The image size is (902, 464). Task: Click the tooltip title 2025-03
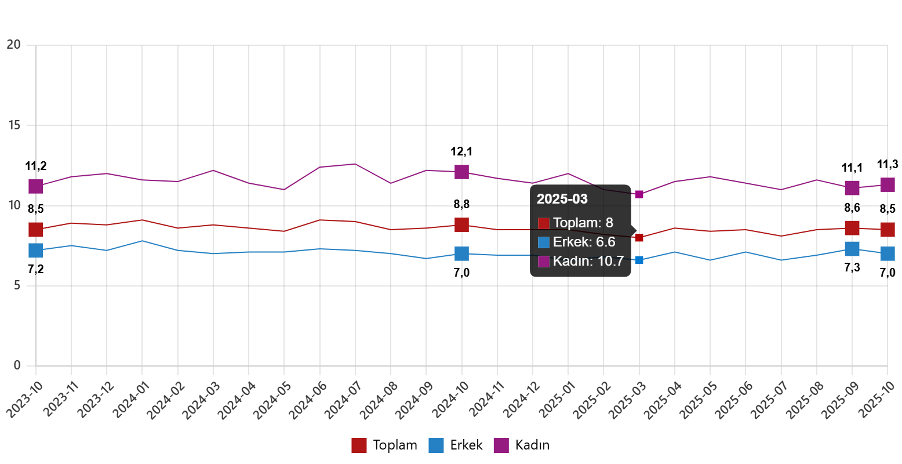point(562,199)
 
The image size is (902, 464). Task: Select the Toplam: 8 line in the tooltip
point(583,223)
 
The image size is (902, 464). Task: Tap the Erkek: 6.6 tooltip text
point(584,242)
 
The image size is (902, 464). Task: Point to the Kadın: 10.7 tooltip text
point(588,261)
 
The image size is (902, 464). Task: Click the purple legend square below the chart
point(501,445)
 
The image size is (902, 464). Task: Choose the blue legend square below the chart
point(436,445)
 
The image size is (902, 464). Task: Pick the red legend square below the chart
point(359,445)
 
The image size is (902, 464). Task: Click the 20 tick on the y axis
point(14,44)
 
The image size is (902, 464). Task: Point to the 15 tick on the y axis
point(14,125)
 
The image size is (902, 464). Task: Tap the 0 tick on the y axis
point(17,365)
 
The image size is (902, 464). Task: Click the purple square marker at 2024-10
point(461,172)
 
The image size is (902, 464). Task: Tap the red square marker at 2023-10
point(36,230)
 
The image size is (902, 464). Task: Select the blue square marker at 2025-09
point(852,249)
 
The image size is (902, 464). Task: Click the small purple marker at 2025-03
point(639,194)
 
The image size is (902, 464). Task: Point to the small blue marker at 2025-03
point(639,260)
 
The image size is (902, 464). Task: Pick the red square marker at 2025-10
point(888,230)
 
